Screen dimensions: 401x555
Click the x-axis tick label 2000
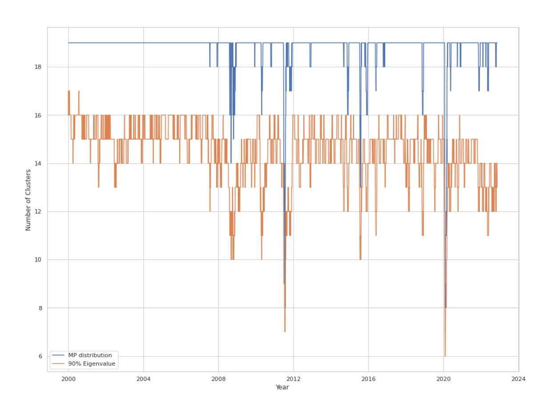68,379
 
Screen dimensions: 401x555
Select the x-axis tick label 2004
143,379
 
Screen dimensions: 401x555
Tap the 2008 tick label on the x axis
218,379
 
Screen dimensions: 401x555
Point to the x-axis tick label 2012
294,379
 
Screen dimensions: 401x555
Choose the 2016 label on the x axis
368,379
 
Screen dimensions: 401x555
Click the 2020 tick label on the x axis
443,379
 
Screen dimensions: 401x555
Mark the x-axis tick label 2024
519,379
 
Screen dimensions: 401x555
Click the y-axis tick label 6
40,356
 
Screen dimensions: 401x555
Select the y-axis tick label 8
40,308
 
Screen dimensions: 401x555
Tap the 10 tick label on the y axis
39,260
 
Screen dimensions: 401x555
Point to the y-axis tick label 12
39,212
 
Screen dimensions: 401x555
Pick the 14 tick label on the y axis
39,164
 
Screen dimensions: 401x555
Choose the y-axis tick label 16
39,115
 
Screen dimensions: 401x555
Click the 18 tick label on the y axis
39,67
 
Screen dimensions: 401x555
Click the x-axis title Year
282,387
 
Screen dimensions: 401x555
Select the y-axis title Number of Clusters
28,200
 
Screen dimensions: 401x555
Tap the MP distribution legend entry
89,355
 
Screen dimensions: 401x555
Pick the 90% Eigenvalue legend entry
91,364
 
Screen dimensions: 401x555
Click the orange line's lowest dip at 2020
445,356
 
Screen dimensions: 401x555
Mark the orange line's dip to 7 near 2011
285,331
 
